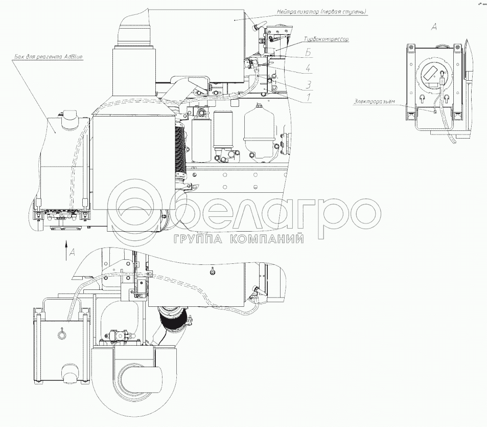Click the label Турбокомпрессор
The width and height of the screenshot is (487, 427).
326,39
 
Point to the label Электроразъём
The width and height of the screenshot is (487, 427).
374,102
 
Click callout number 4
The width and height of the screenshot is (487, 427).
308,68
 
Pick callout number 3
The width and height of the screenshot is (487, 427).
308,84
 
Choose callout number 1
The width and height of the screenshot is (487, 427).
308,98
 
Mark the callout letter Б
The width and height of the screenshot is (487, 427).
308,52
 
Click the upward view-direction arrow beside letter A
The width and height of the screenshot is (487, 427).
66,249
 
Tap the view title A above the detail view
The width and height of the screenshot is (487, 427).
434,27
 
